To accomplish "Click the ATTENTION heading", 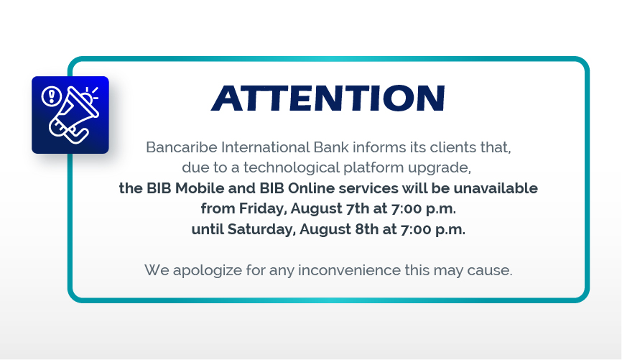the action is tap(328, 98).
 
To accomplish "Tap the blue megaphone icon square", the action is tap(70, 115).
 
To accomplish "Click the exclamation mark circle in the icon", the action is tap(52, 96).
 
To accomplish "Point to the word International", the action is tap(265, 147).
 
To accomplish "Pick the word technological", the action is tap(292, 167).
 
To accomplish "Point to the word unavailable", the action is tap(496, 188).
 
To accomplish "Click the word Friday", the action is tap(263, 209).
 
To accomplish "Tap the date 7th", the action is tap(358, 208).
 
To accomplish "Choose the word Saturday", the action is tap(262, 229).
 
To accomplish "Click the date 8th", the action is tap(366, 229).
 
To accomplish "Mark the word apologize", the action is tap(208, 271).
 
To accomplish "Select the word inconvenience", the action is tap(350, 270).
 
